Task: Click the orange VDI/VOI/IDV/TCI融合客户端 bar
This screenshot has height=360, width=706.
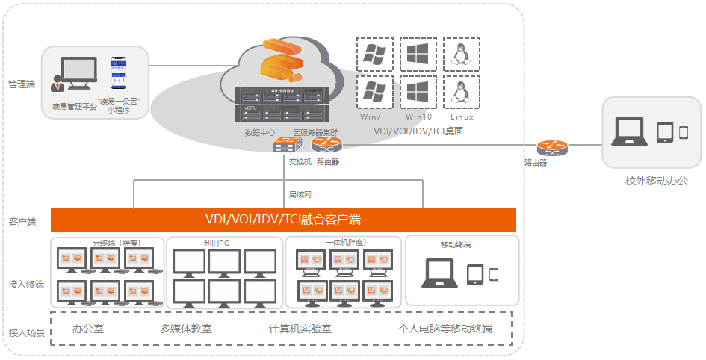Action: (283, 220)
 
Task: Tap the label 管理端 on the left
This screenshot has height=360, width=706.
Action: (21, 84)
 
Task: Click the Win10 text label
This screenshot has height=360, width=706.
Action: (418, 117)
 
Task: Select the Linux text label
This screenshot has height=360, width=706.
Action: (462, 117)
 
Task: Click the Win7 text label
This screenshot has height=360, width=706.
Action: (372, 117)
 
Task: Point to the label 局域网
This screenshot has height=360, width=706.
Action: (300, 194)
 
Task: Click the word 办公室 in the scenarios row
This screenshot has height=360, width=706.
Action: (87, 329)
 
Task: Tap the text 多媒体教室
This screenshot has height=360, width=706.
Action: (186, 329)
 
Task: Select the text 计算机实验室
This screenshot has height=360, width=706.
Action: (300, 329)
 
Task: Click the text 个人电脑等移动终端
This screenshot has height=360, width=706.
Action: (445, 329)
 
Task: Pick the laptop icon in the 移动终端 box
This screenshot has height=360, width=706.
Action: (440, 273)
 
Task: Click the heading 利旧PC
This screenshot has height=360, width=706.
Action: (215, 243)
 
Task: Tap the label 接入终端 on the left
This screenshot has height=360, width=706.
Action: (26, 284)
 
